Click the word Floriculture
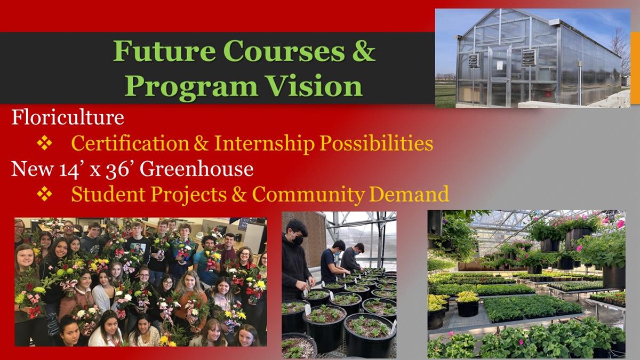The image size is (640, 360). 68,117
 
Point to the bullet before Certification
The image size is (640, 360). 44,143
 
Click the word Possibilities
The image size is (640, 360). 376,143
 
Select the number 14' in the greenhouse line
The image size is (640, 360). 69,170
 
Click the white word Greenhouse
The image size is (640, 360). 197,169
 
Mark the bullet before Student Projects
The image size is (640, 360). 44,194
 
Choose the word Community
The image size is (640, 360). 308,195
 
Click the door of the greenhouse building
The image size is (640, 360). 499,75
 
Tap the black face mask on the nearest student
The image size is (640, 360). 297,241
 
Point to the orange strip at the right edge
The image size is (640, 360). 635,68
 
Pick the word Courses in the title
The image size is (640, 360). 284,51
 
